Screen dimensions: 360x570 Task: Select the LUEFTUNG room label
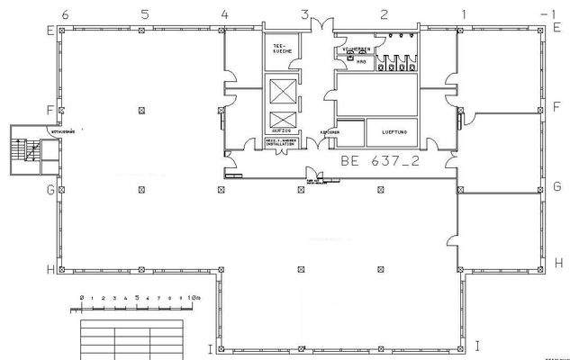coord(394,132)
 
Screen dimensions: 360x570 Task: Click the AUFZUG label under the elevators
coord(280,131)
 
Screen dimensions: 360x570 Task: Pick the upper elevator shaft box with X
coord(281,91)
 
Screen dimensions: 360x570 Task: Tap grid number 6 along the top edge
coord(65,14)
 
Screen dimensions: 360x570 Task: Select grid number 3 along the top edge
coord(304,14)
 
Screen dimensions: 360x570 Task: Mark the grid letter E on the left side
coord(51,29)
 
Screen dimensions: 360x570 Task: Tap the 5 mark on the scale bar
coord(136,297)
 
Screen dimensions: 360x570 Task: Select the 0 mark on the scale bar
coord(81,297)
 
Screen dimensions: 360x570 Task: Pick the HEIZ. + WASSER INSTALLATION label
coord(280,142)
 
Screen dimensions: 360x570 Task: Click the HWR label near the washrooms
coord(360,61)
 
